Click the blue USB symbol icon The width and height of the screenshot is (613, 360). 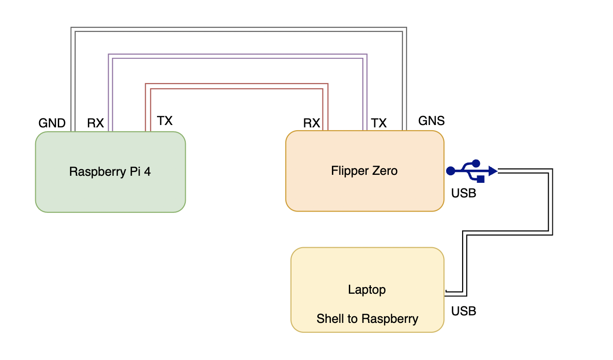click(x=472, y=171)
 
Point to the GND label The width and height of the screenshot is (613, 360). click(x=52, y=124)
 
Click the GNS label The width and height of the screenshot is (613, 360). click(x=431, y=121)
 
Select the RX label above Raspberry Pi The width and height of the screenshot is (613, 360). click(x=95, y=124)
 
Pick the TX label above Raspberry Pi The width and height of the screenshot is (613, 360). click(x=165, y=121)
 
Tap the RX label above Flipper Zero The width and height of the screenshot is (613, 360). click(x=312, y=124)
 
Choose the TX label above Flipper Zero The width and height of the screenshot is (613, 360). click(x=379, y=124)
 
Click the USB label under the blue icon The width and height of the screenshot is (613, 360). click(x=464, y=193)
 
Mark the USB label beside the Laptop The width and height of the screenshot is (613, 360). click(x=464, y=311)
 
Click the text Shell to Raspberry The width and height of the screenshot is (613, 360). click(x=367, y=319)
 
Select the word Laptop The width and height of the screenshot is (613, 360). click(x=367, y=290)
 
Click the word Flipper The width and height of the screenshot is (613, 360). click(x=346, y=171)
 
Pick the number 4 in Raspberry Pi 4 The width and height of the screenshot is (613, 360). click(x=148, y=172)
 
